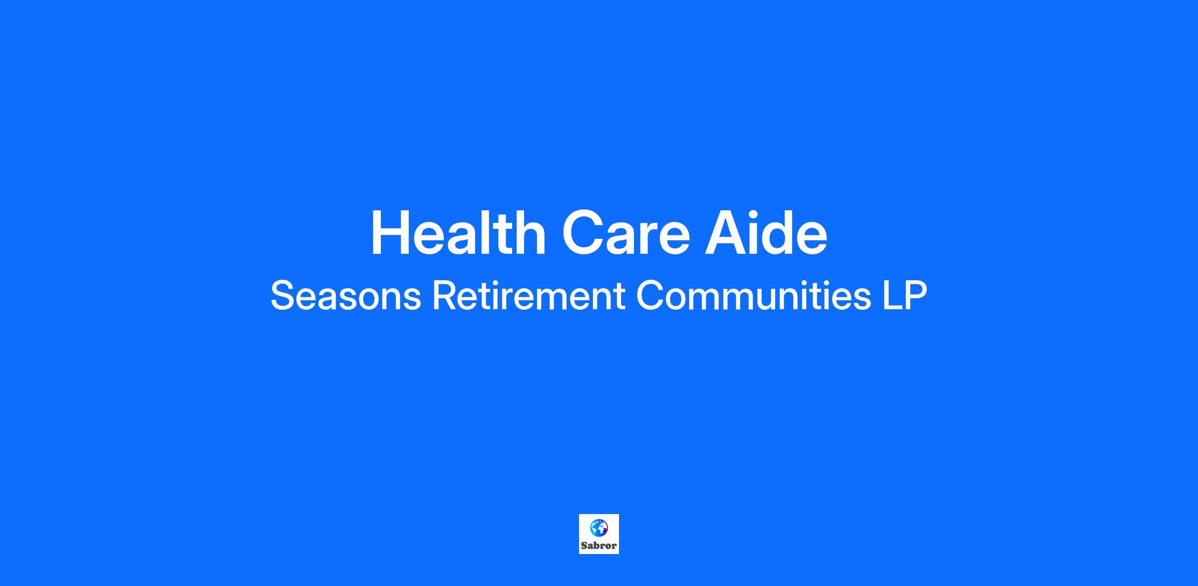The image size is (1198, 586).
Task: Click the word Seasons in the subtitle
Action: pyautogui.click(x=345, y=296)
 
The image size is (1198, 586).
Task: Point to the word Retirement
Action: pyautogui.click(x=529, y=296)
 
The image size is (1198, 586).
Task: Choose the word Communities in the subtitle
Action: pyautogui.click(x=754, y=296)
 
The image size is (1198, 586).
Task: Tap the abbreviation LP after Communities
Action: pyautogui.click(x=904, y=296)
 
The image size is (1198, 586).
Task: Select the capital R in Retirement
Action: pyautogui.click(x=444, y=296)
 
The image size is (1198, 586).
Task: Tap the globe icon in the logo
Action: pyautogui.click(x=599, y=528)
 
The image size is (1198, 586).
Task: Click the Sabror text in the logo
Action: pyautogui.click(x=599, y=546)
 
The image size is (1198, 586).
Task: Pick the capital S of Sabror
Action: pyautogui.click(x=585, y=546)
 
